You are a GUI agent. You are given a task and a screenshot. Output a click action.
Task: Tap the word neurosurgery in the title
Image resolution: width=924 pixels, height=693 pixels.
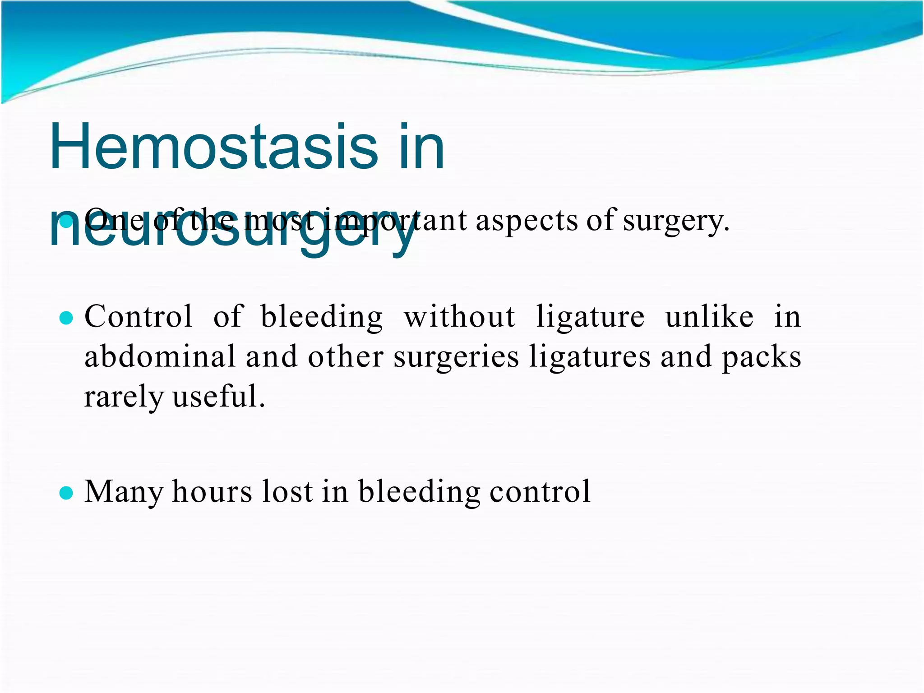click(x=232, y=230)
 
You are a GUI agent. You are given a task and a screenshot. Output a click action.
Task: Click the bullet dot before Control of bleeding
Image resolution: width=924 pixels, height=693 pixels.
click(x=66, y=318)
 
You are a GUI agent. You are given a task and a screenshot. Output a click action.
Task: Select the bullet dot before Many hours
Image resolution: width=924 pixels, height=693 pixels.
click(x=66, y=493)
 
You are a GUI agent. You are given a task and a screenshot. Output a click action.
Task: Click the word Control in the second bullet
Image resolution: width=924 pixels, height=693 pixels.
click(x=139, y=316)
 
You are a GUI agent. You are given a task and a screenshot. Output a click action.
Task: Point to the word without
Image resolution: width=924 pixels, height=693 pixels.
click(x=459, y=316)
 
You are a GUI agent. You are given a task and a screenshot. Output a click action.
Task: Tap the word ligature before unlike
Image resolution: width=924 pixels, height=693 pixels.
click(x=591, y=317)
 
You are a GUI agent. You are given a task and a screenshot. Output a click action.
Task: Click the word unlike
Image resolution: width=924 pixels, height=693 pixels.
click(x=709, y=316)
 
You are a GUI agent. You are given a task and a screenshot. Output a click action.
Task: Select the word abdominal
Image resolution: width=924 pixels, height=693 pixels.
click(x=160, y=356)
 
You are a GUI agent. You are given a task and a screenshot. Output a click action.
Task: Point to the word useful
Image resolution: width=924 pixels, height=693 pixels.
click(x=218, y=397)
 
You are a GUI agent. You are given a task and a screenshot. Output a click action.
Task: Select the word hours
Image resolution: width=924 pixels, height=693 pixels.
click(x=212, y=491)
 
